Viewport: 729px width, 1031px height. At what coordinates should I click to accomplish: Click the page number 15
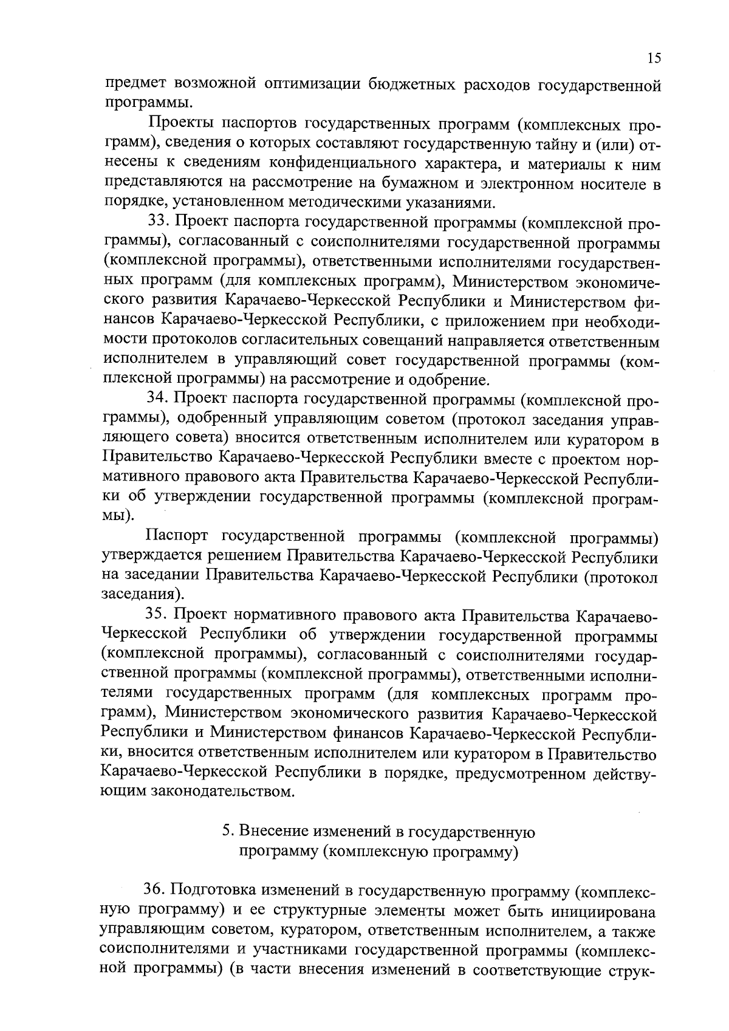(654, 58)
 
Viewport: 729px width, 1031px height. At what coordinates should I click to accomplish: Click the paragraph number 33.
(159, 222)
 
